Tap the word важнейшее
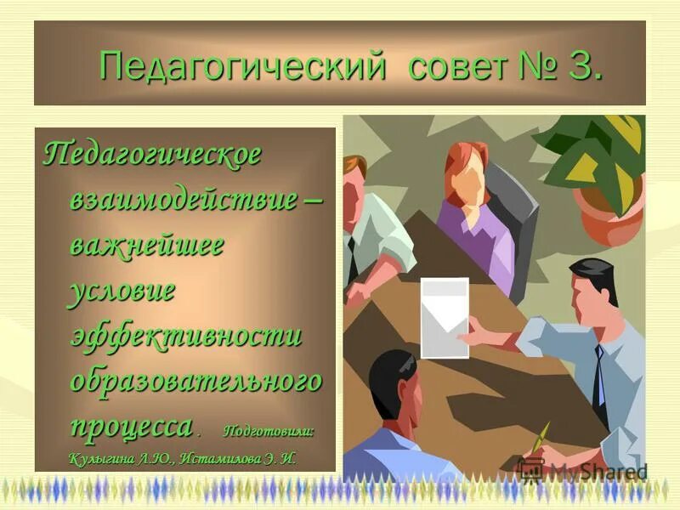coord(146,246)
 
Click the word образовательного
coord(195,380)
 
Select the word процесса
coord(131,424)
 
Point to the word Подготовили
coord(269,430)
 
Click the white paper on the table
coord(445,317)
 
